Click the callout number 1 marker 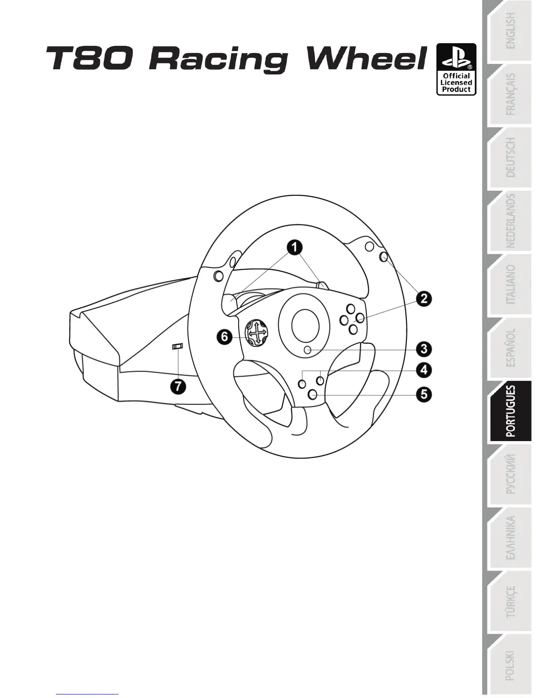click(x=295, y=247)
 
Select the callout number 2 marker click(x=424, y=299)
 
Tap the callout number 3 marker click(x=424, y=349)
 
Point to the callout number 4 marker click(x=424, y=370)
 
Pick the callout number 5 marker click(x=424, y=394)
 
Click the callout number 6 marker click(x=225, y=338)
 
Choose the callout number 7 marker click(x=178, y=387)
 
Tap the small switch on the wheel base click(x=177, y=347)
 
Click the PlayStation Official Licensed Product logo click(x=456, y=69)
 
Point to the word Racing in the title click(x=218, y=59)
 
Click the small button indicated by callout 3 click(x=308, y=350)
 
